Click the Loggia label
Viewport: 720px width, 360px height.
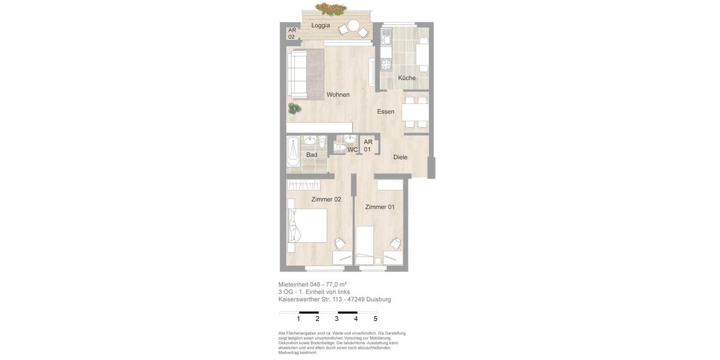pos(320,25)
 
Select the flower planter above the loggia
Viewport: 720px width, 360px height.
pos(331,9)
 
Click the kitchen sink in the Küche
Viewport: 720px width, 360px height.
pos(386,41)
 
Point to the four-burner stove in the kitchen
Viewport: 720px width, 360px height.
pos(386,64)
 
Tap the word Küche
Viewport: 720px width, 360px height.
pos(407,78)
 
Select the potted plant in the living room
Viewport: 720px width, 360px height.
pos(294,109)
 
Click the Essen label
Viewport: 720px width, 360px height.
pos(386,112)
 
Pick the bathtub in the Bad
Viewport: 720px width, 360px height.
pos(293,151)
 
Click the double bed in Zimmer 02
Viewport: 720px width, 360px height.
pos(308,226)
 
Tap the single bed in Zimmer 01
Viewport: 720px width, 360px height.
pos(365,245)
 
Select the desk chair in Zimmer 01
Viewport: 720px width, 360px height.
pos(395,243)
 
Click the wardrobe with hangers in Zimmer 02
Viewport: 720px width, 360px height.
pos(304,185)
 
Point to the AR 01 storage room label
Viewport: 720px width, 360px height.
pos(368,146)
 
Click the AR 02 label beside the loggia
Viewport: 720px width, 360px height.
pos(292,34)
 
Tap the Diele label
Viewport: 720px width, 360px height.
pos(400,157)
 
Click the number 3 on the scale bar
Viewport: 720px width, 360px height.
pos(337,319)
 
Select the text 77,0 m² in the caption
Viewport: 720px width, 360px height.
pos(336,284)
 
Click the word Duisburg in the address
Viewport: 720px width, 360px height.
pos(379,299)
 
